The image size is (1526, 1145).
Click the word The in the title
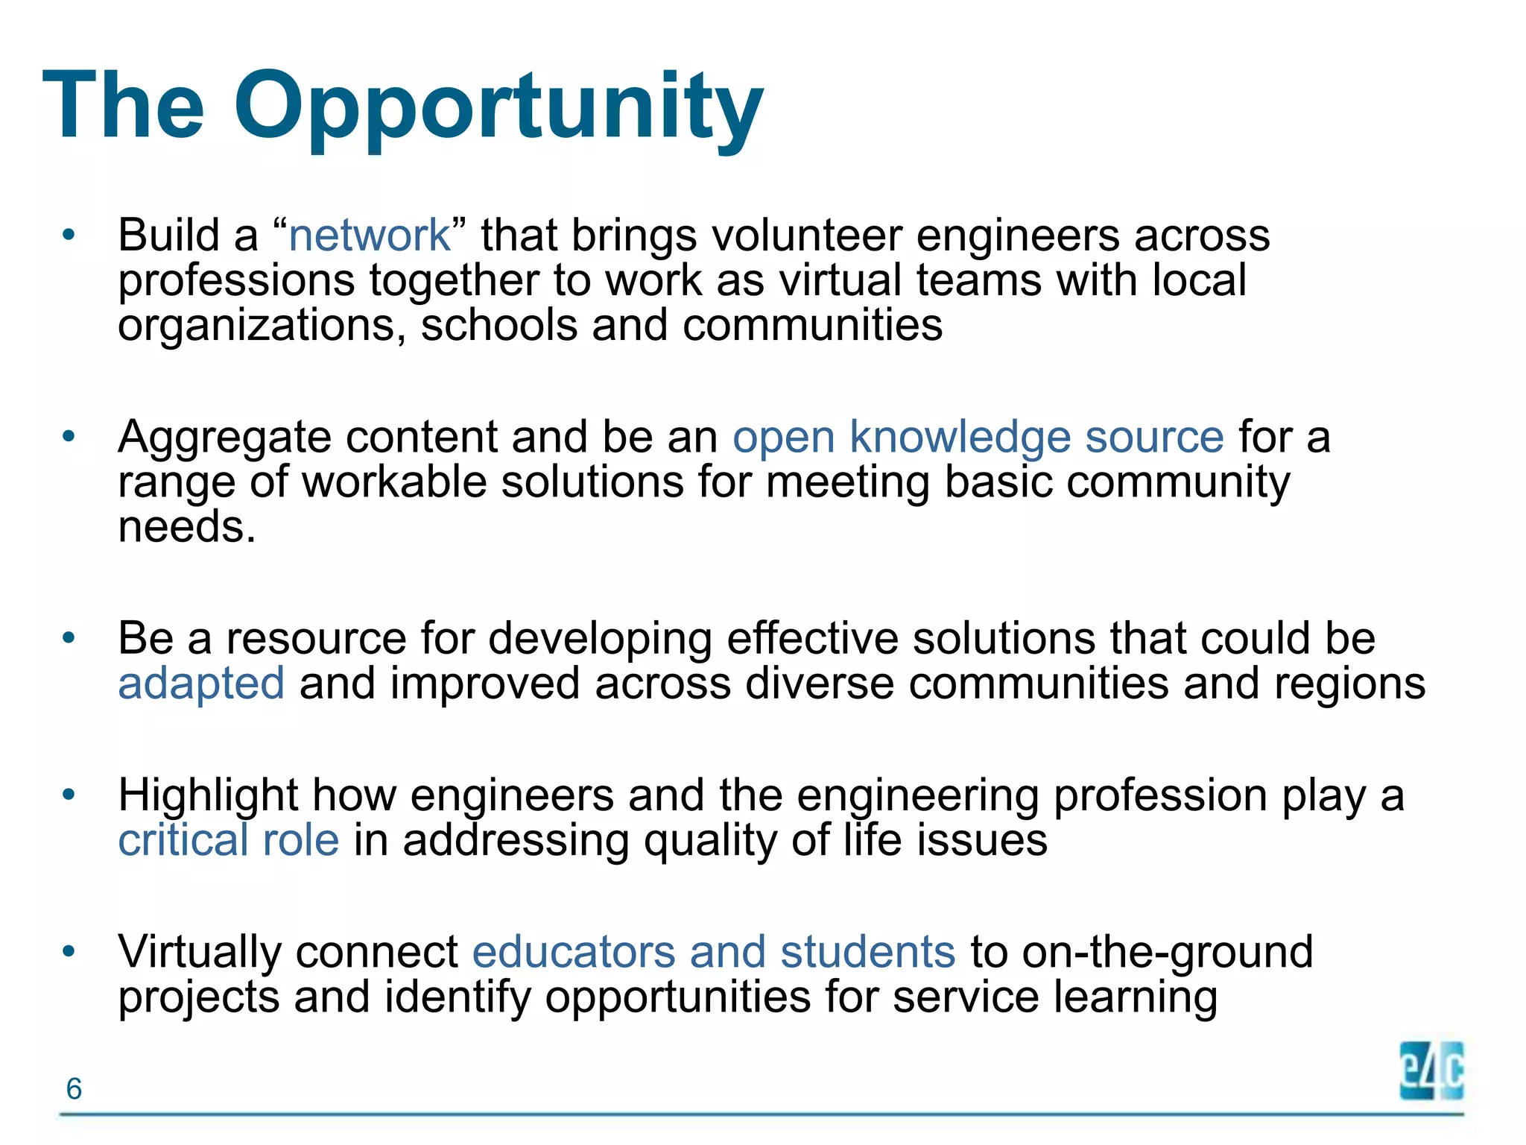click(124, 106)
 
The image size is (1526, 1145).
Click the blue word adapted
click(201, 684)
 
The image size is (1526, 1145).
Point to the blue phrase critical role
click(228, 840)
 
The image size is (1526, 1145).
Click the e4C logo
click(1431, 1071)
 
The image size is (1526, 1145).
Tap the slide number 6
click(74, 1089)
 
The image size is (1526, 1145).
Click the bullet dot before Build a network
click(69, 236)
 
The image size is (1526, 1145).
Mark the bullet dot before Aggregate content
click(69, 437)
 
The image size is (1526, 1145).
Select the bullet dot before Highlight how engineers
click(69, 795)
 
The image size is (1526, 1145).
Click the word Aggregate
click(224, 438)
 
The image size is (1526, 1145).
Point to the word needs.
click(186, 527)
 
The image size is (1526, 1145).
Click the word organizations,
click(262, 327)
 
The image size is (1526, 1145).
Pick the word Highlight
click(208, 796)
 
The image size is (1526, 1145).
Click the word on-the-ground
click(1167, 953)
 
